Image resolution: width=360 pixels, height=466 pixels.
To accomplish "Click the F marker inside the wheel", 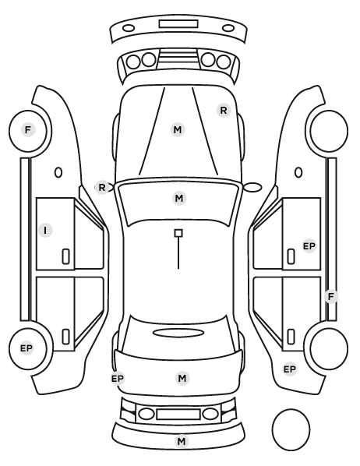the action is [x=28, y=130].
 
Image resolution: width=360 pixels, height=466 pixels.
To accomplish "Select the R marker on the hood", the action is [x=224, y=111].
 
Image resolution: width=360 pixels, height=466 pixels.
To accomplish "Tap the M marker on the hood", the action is [x=178, y=130].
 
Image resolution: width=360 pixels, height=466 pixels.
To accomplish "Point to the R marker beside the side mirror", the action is [x=102, y=188].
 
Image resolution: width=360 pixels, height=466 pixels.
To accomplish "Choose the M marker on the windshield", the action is [x=179, y=198].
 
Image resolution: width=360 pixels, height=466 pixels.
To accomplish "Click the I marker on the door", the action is [x=45, y=231].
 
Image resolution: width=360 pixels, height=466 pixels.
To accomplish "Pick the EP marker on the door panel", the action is [x=309, y=246].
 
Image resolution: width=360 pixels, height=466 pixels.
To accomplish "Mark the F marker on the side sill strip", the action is [x=331, y=296].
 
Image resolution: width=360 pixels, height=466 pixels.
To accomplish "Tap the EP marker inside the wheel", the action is [x=26, y=348].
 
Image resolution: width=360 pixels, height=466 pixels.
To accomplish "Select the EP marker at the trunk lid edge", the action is [x=118, y=379].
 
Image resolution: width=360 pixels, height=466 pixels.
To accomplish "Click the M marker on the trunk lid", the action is [x=182, y=378].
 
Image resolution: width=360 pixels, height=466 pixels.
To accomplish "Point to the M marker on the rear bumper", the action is [x=182, y=441].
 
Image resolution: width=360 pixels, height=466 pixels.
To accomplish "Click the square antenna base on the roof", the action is [x=178, y=233].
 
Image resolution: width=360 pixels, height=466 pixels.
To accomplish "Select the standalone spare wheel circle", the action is [x=291, y=429].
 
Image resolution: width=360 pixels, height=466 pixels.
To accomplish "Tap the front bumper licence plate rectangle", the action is [x=178, y=24].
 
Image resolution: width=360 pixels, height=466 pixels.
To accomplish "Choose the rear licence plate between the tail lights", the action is [x=178, y=414].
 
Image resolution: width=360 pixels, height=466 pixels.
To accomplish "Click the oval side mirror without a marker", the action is [x=252, y=188].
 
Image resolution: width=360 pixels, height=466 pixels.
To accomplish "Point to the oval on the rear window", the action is [x=178, y=333].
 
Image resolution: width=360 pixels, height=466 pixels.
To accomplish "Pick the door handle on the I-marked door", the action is [x=65, y=256].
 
